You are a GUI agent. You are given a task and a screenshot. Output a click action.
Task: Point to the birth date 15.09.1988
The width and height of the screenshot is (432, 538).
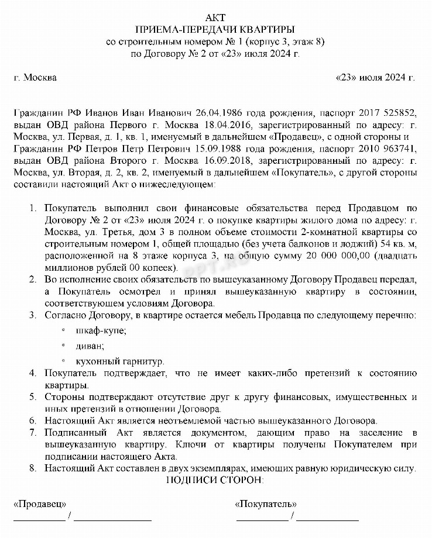[x=218, y=148]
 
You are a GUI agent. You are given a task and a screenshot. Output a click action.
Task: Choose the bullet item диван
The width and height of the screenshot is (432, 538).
[x=87, y=346]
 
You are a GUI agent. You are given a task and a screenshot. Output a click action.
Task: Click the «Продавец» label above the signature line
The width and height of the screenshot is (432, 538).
[x=39, y=503]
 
